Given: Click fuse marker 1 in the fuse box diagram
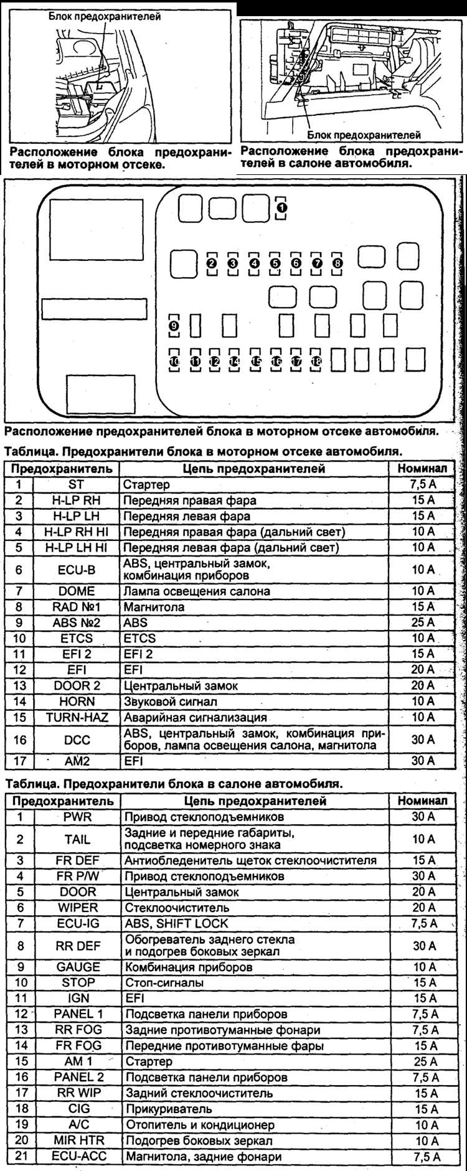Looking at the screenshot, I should click(281, 206).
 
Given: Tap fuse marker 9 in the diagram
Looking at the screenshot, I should click(174, 325).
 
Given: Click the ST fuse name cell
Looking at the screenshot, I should click(76, 484).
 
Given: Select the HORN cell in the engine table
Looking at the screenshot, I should click(76, 702).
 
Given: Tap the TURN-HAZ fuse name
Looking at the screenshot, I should click(76, 717).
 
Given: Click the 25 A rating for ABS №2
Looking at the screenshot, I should click(423, 623).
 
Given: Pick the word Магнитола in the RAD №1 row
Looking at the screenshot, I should click(154, 607).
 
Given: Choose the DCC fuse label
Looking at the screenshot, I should click(76, 740).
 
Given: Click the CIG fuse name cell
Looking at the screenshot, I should click(78, 1109).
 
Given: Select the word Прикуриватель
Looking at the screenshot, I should click(169, 1109).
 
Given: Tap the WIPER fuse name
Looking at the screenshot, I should click(78, 908).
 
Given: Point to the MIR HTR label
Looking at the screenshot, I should click(78, 1140).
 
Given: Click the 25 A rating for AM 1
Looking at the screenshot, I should click(424, 1061).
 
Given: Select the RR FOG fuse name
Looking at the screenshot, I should click(78, 1030).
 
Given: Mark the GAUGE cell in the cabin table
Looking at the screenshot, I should click(78, 967).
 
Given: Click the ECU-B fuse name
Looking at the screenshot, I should click(76, 569).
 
